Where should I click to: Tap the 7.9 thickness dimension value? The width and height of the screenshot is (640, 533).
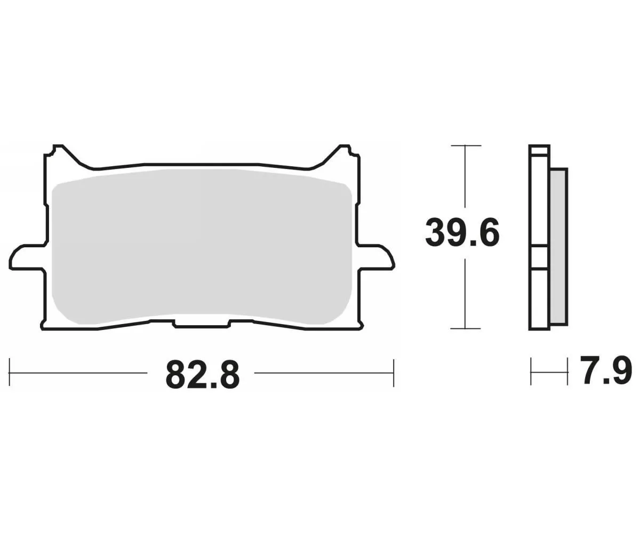click(607, 371)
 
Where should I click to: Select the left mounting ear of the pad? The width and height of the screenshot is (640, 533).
click(26, 257)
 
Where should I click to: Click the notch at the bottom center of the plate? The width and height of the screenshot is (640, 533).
click(202, 325)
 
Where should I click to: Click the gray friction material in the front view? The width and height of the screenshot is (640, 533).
click(202, 245)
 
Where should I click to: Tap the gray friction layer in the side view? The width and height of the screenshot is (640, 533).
click(558, 245)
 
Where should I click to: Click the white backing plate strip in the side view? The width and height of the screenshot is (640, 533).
click(539, 203)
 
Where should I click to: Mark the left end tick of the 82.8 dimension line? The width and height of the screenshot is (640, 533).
click(10, 373)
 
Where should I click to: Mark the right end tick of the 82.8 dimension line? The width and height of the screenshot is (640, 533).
click(394, 373)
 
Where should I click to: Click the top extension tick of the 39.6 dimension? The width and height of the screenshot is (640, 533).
click(466, 146)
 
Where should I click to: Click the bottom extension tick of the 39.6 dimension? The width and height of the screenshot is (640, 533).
click(466, 328)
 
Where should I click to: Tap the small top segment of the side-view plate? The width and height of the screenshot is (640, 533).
click(539, 150)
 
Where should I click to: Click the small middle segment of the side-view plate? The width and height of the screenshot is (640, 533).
click(539, 258)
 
